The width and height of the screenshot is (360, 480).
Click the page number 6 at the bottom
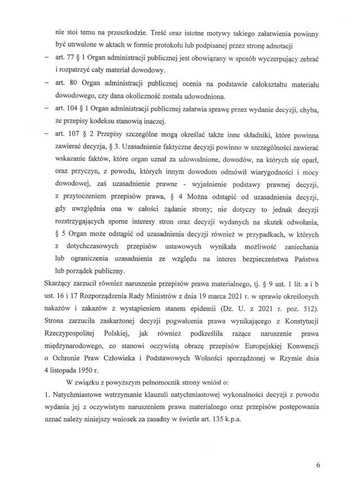click(x=318, y=465)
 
